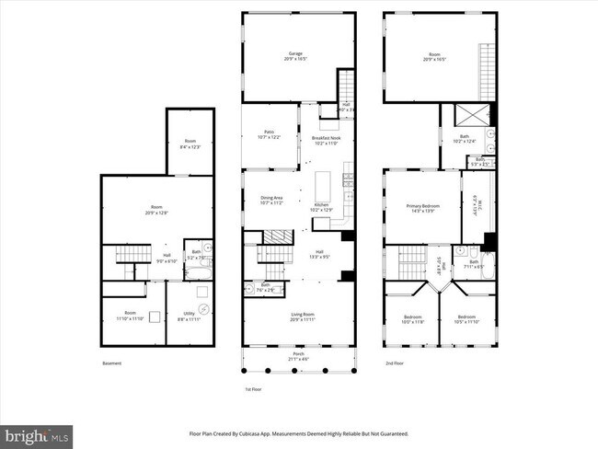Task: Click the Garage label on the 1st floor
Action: coord(296,54)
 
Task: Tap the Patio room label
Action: coord(269,135)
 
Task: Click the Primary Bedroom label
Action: coord(423,208)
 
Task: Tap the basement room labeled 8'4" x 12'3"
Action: coord(190,144)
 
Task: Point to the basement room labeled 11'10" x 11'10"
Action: coord(131,316)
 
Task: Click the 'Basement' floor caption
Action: coord(111,363)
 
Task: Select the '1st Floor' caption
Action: coord(254,389)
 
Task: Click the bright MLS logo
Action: coord(37,433)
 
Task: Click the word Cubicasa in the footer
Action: coord(256,433)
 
